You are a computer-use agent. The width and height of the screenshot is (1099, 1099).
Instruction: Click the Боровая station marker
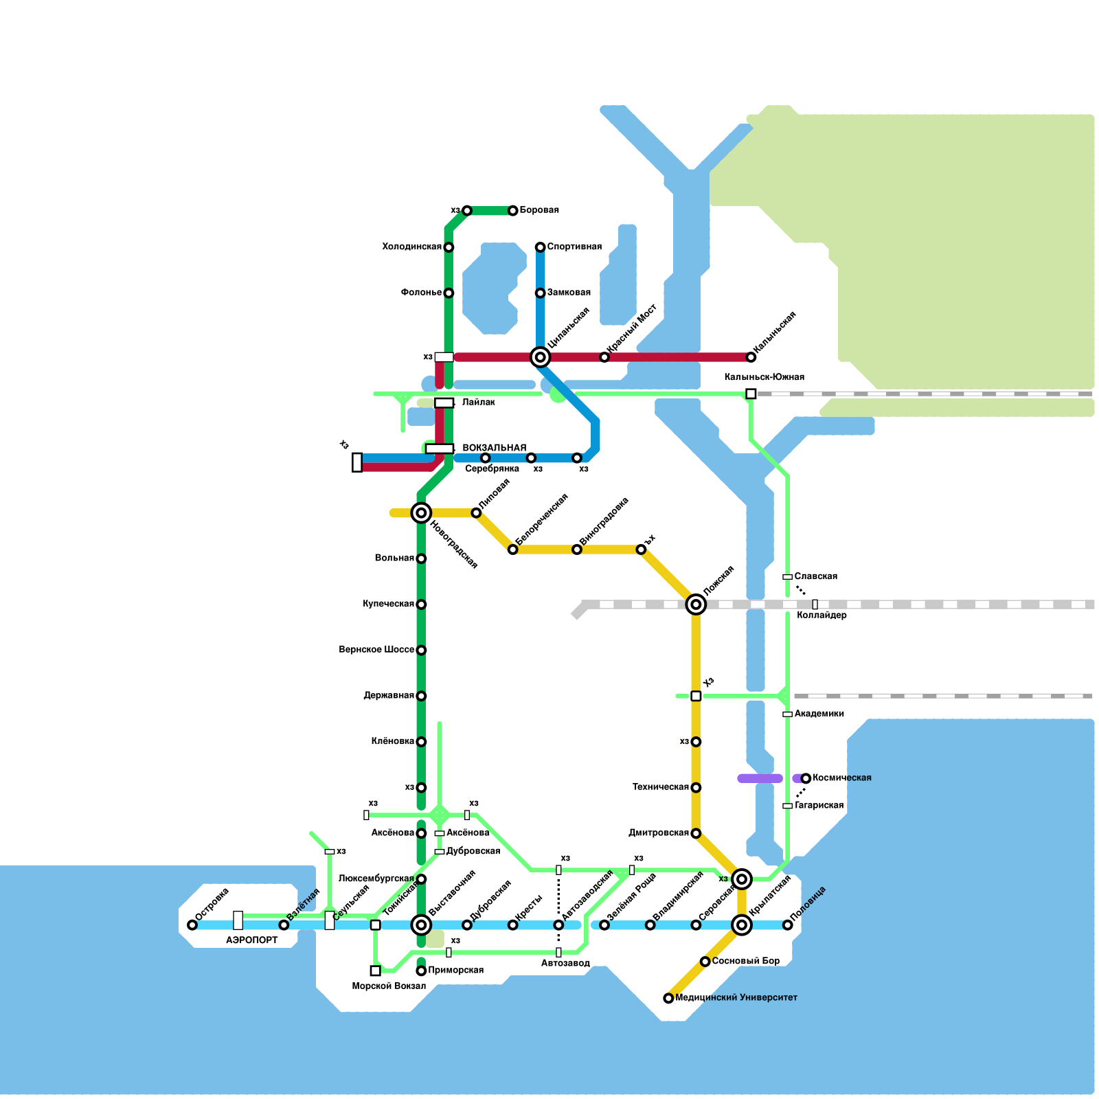coord(512,210)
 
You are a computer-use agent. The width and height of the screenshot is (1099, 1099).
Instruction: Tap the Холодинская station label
coord(411,247)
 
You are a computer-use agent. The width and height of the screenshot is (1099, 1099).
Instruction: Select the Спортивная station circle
coord(540,247)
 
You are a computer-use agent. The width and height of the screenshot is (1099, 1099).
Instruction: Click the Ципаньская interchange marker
coord(540,356)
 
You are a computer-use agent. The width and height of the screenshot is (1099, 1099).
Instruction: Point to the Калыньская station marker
coord(751,356)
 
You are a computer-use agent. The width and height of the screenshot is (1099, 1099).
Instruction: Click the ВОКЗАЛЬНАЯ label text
coord(494,448)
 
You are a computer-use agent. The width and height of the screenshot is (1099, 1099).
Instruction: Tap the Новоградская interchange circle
coord(421,512)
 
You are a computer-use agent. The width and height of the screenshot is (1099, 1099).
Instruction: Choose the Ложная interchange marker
coord(696,604)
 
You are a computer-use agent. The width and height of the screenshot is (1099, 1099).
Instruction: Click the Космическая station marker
coord(806,778)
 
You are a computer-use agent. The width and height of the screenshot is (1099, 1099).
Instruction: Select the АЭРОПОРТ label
coord(251,940)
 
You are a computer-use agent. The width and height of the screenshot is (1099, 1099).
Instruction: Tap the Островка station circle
coord(192,925)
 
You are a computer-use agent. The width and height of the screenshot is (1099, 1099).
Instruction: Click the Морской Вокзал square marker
coord(375,971)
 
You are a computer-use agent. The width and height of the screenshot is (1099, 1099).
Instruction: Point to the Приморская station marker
coord(421,971)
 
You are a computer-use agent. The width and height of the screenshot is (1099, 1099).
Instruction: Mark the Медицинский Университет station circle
coord(668,998)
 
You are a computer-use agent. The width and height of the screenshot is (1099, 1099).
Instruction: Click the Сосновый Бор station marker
coord(705,961)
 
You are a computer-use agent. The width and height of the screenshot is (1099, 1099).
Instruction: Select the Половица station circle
coord(787,925)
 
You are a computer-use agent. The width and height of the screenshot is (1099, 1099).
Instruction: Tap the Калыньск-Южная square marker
coord(751,394)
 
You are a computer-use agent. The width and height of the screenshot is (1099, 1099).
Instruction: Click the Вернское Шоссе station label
coord(376,650)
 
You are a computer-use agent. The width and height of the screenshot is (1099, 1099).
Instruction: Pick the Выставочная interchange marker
coord(421,925)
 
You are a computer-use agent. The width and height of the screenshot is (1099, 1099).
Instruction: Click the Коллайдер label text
coord(822,615)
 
